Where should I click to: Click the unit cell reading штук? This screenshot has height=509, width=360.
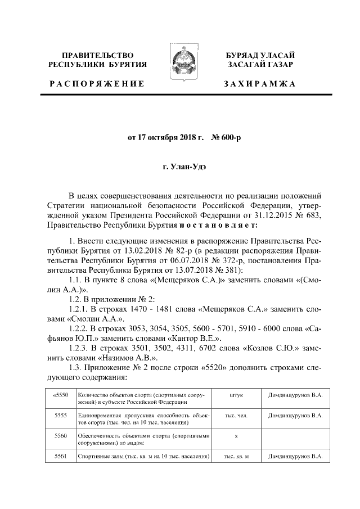pos(236,395)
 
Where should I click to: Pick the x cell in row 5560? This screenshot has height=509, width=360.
pos(236,436)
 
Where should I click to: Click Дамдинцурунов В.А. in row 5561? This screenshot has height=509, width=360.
pos(295,456)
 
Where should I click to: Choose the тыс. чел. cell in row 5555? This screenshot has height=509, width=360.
pos(236,416)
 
